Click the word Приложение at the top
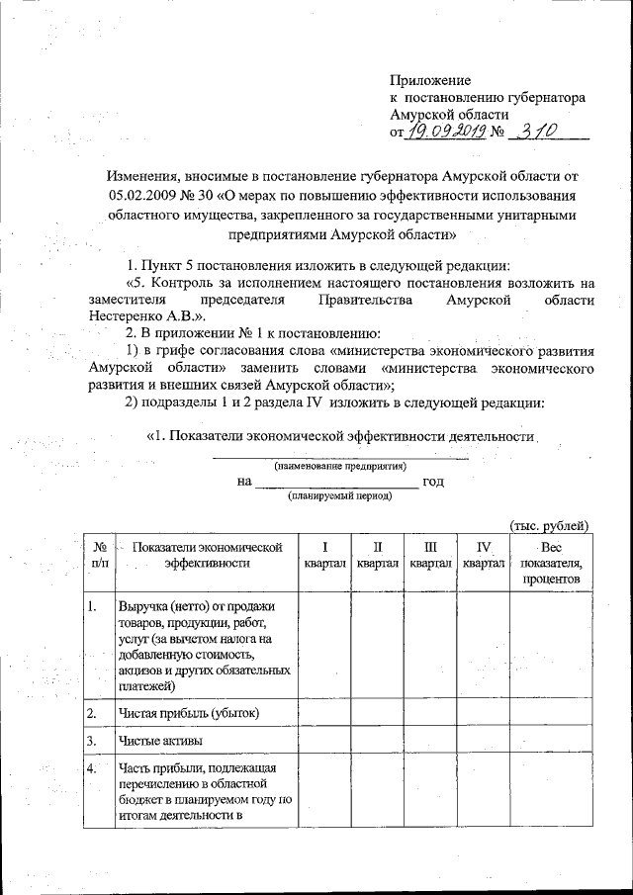(430, 80)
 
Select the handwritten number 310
(542, 130)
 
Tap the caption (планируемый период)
(339, 496)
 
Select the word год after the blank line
(432, 482)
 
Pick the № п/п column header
(100, 554)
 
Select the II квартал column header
(378, 554)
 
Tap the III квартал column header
(430, 554)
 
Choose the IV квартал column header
(483, 554)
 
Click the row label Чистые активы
(161, 741)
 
